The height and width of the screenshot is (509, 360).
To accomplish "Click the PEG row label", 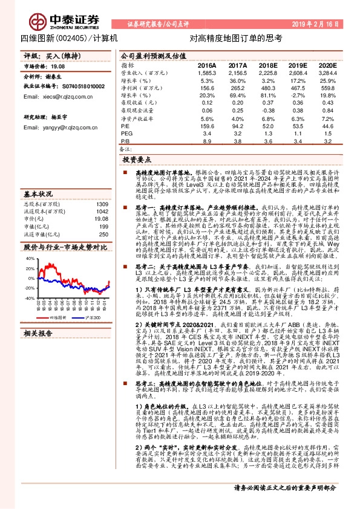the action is (x=126, y=134).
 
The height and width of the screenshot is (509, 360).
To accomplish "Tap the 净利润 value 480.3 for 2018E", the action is (x=268, y=88).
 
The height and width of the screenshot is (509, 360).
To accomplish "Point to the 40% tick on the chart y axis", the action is (x=30, y=259).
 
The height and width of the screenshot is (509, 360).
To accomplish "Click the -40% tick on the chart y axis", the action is (x=30, y=297).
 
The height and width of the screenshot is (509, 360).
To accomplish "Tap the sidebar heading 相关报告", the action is (x=40, y=332).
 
